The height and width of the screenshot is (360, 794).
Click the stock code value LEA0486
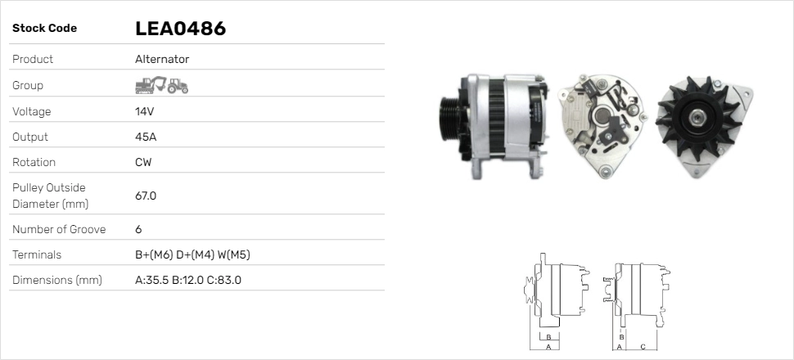click(180, 29)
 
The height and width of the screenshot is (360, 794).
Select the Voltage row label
click(31, 111)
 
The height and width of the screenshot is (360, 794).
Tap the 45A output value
click(146, 137)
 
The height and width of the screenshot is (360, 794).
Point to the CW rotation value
click(143, 162)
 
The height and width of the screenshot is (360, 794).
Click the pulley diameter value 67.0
click(146, 196)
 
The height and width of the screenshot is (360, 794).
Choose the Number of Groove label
click(59, 229)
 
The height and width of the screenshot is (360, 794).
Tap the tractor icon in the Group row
click(178, 85)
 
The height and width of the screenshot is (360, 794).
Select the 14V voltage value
click(145, 111)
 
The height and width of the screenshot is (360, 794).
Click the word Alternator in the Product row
click(162, 59)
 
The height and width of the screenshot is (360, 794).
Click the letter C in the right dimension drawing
click(643, 347)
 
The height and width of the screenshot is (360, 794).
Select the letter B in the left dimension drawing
click(548, 337)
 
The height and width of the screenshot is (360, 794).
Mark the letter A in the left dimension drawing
click(548, 347)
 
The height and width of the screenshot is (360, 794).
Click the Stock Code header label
click(44, 29)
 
